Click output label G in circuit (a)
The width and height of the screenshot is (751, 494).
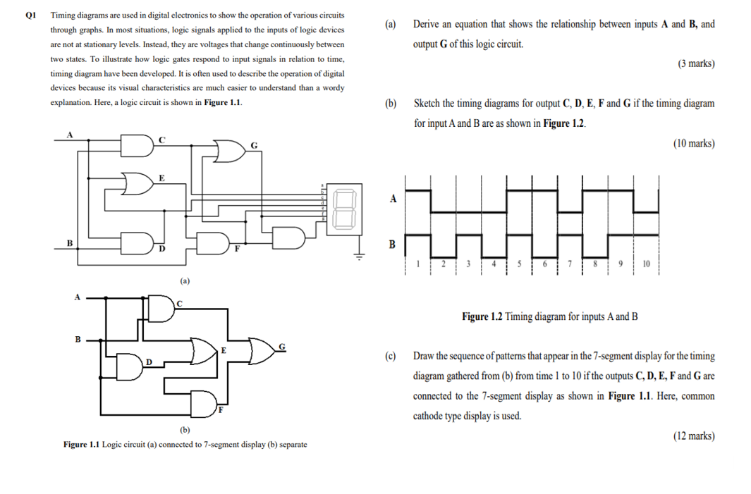pyautogui.click(x=255, y=146)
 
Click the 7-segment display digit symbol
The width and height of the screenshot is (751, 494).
pyautogui.click(x=343, y=207)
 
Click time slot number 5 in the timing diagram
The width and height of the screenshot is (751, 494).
pyautogui.click(x=520, y=264)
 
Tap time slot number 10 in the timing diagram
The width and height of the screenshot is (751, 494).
pyautogui.click(x=647, y=264)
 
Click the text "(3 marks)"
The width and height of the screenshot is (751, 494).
pyautogui.click(x=696, y=63)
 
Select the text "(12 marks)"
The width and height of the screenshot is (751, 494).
pyautogui.click(x=693, y=436)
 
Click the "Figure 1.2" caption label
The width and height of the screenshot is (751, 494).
pyautogui.click(x=482, y=316)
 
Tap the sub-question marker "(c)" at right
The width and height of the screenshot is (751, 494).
pyautogui.click(x=390, y=356)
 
